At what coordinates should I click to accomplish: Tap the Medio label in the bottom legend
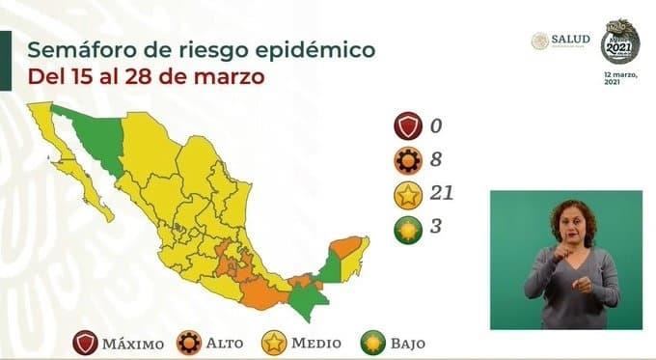315,342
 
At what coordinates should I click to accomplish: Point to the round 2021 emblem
620,42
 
